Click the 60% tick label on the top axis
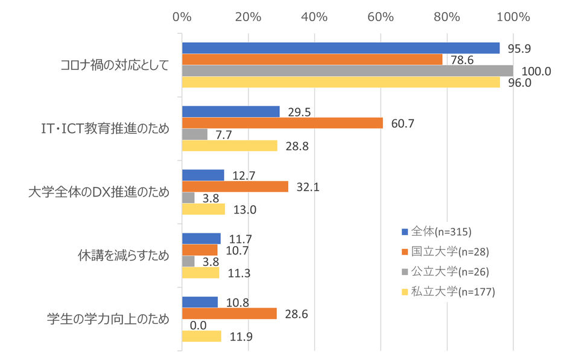381,16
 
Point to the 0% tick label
182,16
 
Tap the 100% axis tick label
513,16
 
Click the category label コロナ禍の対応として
115,65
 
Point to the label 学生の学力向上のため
109,320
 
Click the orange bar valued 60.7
282,123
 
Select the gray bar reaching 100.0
347,71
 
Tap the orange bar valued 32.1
235,187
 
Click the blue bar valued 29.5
231,112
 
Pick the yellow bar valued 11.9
201,336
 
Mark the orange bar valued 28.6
229,314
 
